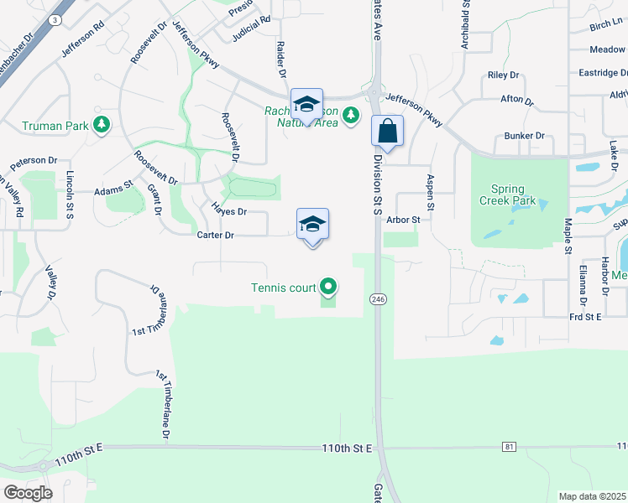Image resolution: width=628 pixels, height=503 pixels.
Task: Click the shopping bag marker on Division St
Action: (x=387, y=131)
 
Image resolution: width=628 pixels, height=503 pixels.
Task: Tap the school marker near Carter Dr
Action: (x=312, y=224)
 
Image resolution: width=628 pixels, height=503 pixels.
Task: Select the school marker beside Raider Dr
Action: (x=306, y=105)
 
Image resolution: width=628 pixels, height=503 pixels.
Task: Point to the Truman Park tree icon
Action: (x=102, y=125)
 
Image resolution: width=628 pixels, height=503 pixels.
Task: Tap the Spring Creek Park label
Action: (x=502, y=195)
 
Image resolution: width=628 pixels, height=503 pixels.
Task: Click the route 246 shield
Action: (x=376, y=298)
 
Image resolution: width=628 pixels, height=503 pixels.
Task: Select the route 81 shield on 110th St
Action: (x=509, y=447)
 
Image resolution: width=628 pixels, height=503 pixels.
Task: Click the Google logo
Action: (x=28, y=492)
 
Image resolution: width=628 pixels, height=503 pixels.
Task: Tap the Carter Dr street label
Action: (x=215, y=236)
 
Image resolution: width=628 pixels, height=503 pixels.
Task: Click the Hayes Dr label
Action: (x=228, y=212)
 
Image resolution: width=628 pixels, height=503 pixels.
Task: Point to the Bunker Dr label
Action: (x=524, y=136)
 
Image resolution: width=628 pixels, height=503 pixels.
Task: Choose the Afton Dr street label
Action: (x=517, y=99)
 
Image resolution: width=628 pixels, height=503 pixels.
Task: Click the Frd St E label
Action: (x=586, y=316)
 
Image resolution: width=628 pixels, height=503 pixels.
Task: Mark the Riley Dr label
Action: (x=504, y=75)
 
